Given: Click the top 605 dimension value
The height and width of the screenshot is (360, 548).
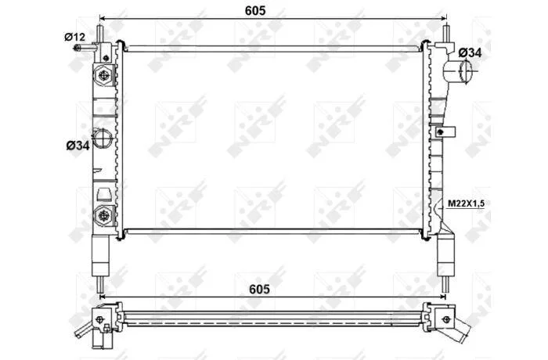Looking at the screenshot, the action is click(x=255, y=10).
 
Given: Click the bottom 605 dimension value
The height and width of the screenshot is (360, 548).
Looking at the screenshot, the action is click(x=259, y=289).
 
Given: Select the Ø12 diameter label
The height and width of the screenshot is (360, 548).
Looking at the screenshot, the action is click(x=74, y=36).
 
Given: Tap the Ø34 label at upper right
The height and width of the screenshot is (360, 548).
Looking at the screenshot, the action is click(x=470, y=52).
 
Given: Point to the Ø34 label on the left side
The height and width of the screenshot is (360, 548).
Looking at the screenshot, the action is click(x=78, y=146).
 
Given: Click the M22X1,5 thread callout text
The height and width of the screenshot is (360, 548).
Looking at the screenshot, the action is click(x=467, y=203).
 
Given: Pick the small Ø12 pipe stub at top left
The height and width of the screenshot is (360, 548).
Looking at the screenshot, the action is click(x=84, y=47).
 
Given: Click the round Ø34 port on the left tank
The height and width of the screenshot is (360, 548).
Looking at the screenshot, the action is click(x=102, y=138).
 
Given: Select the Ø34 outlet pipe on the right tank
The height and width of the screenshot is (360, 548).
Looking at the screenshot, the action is click(x=457, y=71).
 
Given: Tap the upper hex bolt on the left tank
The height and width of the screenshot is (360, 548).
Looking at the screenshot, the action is click(x=104, y=75).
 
